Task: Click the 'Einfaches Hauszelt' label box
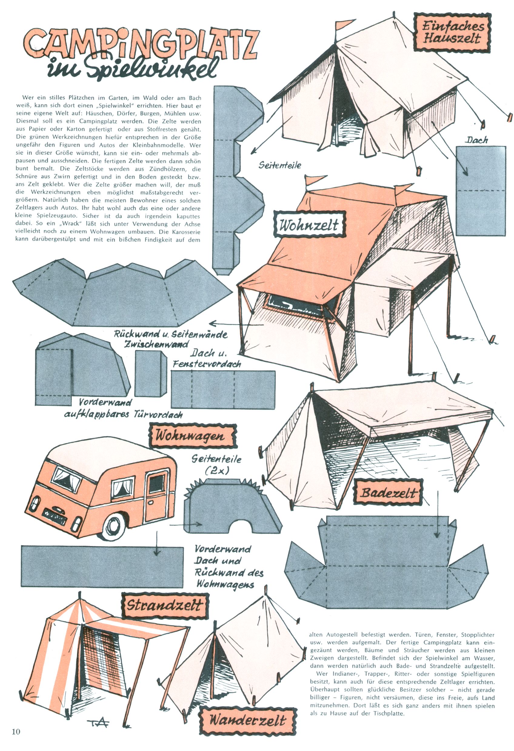click(452, 32)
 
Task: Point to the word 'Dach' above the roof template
click(476, 140)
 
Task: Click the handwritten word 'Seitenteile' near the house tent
click(280, 165)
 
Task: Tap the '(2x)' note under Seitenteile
click(217, 471)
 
